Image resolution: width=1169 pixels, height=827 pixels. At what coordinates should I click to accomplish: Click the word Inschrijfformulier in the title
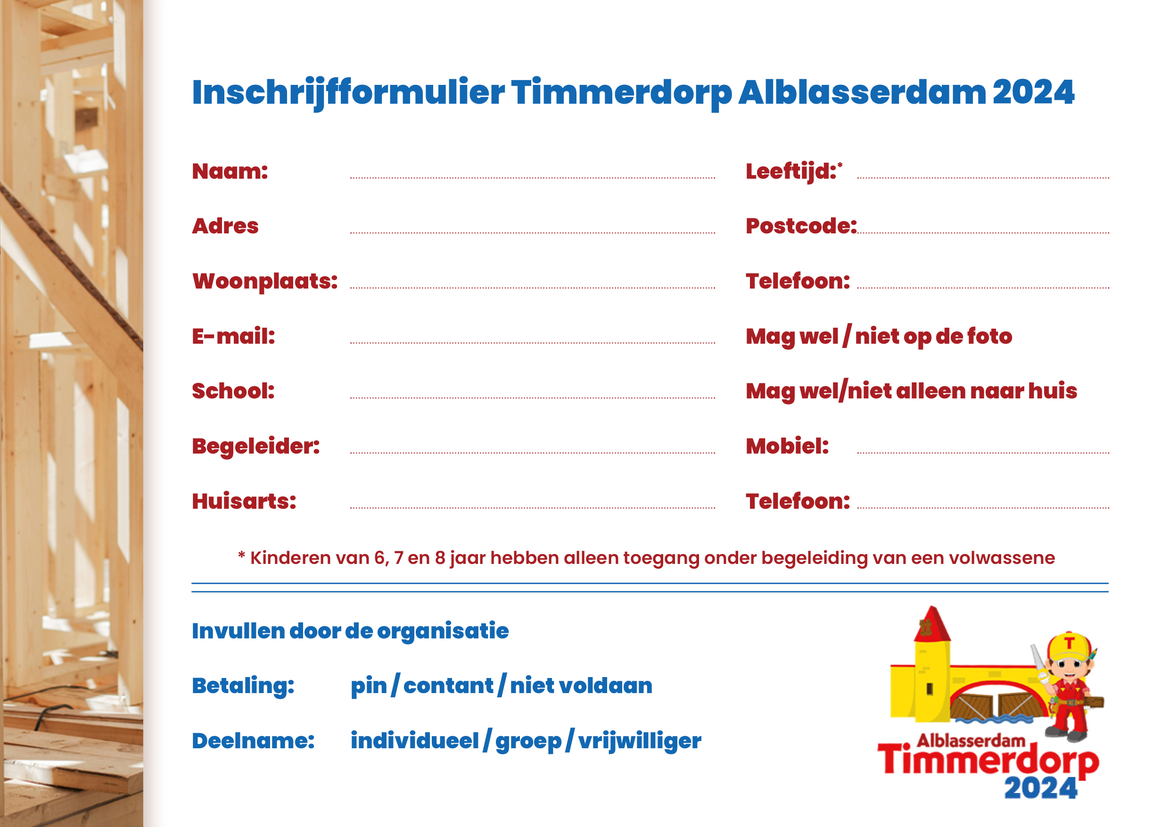(x=349, y=93)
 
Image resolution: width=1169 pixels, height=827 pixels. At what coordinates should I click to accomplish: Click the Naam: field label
(x=230, y=171)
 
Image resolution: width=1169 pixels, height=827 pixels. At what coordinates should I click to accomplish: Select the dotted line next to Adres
(x=533, y=233)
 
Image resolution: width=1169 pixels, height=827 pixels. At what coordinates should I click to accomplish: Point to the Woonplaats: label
(x=265, y=281)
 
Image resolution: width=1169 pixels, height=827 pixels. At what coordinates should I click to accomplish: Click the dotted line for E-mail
(x=533, y=343)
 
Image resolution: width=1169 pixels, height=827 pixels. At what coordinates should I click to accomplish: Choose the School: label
(x=233, y=391)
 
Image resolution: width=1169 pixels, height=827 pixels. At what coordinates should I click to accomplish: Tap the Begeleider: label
(x=256, y=447)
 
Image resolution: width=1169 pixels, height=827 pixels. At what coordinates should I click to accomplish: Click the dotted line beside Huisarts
(x=533, y=508)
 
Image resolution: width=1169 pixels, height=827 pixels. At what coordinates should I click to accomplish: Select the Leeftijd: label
(x=794, y=172)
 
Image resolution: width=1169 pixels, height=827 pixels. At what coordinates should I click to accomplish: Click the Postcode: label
(x=801, y=226)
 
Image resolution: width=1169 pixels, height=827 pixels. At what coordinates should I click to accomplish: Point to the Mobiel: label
(x=787, y=446)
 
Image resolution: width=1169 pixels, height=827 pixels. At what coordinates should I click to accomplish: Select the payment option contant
(x=448, y=686)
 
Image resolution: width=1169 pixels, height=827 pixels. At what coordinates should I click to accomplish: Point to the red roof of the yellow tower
(x=932, y=624)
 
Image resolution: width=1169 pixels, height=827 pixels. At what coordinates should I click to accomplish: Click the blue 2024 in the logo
(x=1041, y=788)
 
